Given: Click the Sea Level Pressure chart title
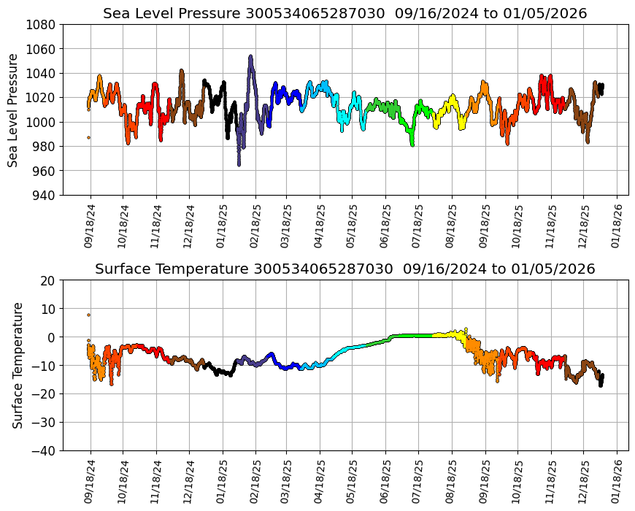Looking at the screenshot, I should [x=345, y=13].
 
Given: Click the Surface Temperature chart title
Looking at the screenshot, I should [x=345, y=269].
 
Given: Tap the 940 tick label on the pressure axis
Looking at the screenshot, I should [x=45, y=195].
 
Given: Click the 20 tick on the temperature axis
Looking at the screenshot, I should [x=48, y=280].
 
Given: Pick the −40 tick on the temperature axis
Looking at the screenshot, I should [x=45, y=451].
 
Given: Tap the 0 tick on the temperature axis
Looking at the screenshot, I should [x=52, y=337].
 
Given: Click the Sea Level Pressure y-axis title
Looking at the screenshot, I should [x=14, y=109].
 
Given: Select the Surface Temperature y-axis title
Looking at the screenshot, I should [x=18, y=365].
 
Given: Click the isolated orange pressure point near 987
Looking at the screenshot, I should [x=89, y=137].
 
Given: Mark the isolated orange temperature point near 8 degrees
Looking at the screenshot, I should [x=89, y=315].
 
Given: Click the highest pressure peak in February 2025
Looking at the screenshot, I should [x=250, y=56].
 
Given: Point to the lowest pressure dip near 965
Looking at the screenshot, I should [x=239, y=164].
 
